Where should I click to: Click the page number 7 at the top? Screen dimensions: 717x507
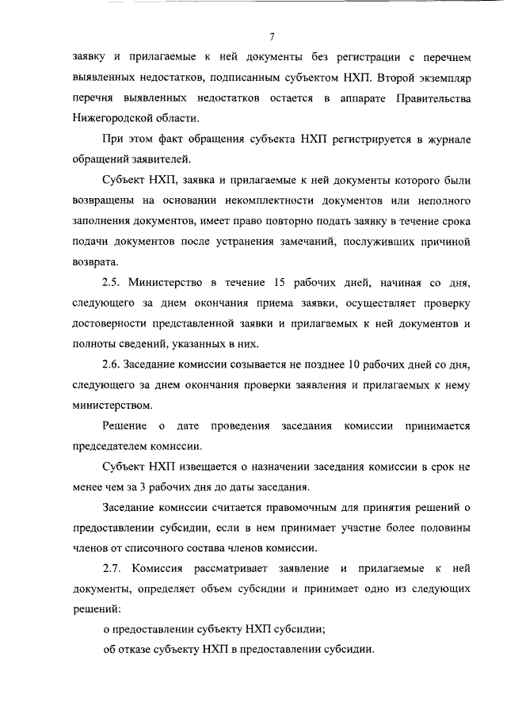(271, 36)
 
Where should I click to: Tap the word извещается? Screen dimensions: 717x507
(194, 466)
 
